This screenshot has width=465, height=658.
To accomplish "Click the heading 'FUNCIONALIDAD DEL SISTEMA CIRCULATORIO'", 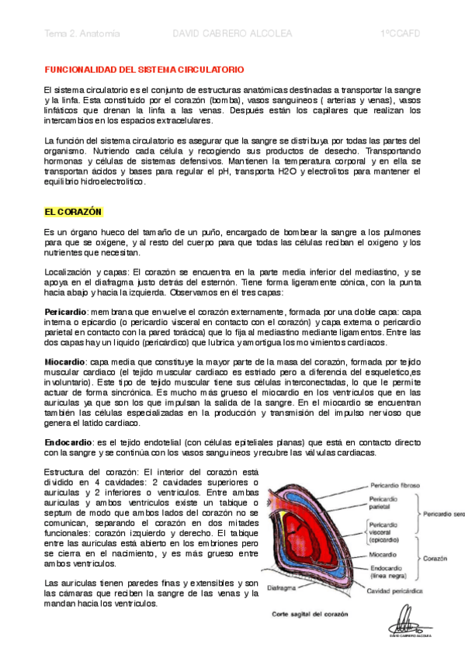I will click(x=144, y=69).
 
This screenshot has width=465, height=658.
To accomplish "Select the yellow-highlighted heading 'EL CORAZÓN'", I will click(x=74, y=212).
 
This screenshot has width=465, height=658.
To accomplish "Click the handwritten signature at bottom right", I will click(x=408, y=621).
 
